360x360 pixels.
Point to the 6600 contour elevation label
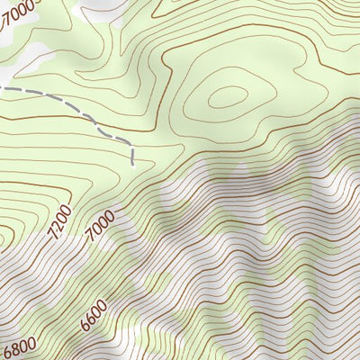click(93, 315)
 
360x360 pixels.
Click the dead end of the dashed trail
click(133, 166)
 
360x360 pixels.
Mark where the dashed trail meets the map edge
click(1, 88)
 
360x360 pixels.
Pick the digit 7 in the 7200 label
click(53, 233)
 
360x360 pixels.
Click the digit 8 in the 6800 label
click(14, 349)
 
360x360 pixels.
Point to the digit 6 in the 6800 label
click(7, 354)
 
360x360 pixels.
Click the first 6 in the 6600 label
click(84, 326)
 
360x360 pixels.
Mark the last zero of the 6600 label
click(102, 304)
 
